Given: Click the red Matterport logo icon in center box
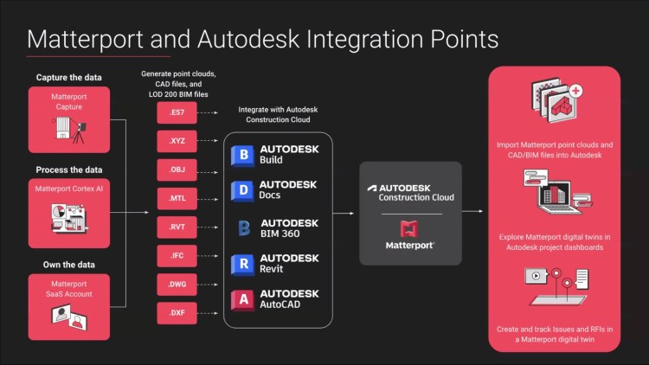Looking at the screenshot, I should [410, 228].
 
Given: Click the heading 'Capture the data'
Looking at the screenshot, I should [69, 78].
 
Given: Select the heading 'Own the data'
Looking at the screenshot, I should [69, 265].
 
